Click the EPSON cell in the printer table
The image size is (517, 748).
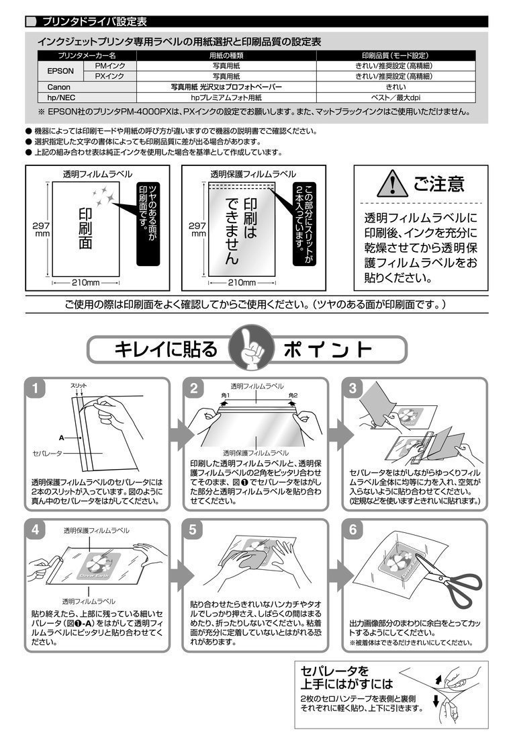(60, 71)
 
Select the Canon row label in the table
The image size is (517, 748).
(58, 87)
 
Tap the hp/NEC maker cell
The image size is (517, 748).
(62, 98)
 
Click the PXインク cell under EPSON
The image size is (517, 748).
(109, 77)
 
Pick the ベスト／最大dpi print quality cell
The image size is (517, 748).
(395, 98)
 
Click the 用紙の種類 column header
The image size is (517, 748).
(226, 55)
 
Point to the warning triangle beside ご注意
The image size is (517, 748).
(392, 183)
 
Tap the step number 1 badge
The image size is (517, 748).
(36, 389)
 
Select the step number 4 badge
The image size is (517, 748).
(36, 530)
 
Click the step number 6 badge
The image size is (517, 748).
(352, 530)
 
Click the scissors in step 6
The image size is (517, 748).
(449, 578)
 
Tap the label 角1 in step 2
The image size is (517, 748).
(226, 395)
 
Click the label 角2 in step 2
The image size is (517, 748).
(293, 395)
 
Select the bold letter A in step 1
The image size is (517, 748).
(62, 438)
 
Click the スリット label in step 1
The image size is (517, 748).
(79, 386)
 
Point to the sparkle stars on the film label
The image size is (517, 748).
(103, 196)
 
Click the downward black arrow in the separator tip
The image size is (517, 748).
(436, 701)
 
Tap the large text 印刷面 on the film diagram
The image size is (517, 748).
(86, 228)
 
